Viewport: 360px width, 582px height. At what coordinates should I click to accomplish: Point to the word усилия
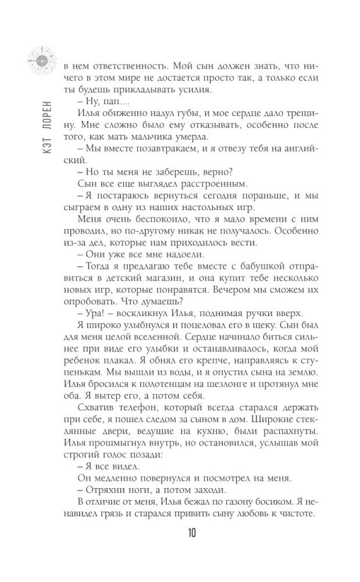pyautogui.click(x=194, y=90)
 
